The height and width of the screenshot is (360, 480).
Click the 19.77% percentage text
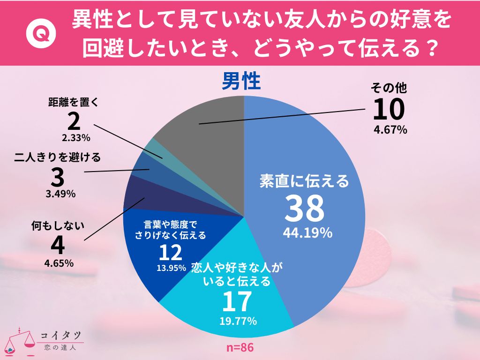tap(238, 321)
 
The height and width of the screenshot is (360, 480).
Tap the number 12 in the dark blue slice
tap(170, 254)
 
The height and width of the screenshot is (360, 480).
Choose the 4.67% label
tap(390, 130)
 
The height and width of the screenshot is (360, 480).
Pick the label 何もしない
tap(57, 225)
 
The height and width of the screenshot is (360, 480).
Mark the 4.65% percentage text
tap(58, 263)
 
